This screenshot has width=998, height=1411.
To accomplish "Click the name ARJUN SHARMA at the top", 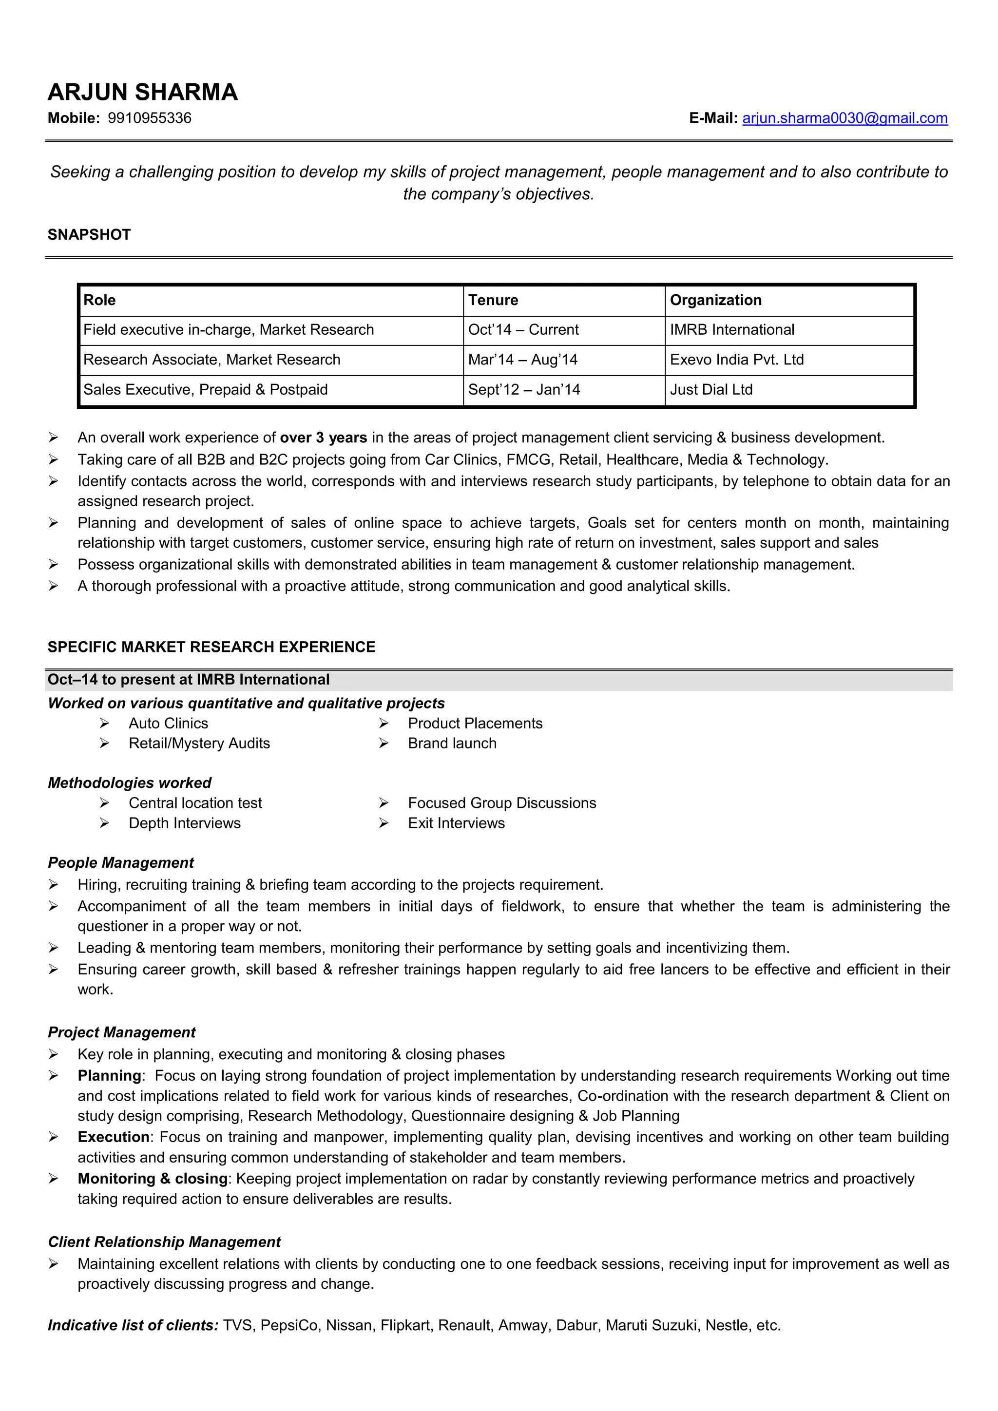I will click(143, 92).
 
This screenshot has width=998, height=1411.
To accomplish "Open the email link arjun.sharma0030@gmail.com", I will click(844, 118).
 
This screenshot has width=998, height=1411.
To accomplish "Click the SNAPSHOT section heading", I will click(89, 235).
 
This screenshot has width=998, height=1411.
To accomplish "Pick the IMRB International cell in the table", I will click(732, 330).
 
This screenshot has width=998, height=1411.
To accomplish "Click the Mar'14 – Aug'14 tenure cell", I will click(522, 360).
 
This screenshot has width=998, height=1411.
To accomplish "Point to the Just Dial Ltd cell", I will click(711, 390).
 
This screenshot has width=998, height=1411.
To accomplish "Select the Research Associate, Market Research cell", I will click(211, 360).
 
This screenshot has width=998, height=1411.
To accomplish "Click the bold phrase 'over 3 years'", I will click(323, 438).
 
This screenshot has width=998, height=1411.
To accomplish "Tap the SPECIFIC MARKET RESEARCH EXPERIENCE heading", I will click(211, 647).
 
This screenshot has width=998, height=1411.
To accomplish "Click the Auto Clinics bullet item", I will click(169, 724).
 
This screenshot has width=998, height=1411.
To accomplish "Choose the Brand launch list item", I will click(452, 744).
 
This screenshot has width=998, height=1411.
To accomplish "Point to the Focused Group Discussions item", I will click(501, 803).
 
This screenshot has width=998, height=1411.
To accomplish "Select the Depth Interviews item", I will click(184, 823).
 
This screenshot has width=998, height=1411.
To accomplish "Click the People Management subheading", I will click(120, 863).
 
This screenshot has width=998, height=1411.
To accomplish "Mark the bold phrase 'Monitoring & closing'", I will click(153, 1178).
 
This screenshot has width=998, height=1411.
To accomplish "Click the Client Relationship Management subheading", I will click(164, 1242).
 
